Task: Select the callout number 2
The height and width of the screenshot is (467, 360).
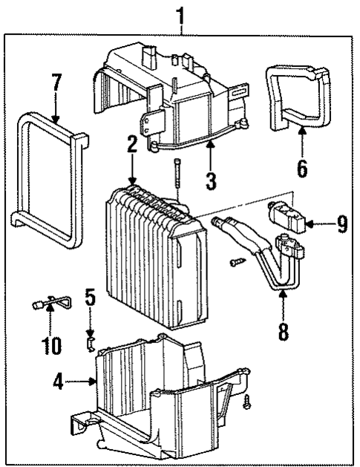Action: pyautogui.click(x=131, y=146)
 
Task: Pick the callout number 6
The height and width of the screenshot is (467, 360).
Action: pyautogui.click(x=301, y=168)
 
